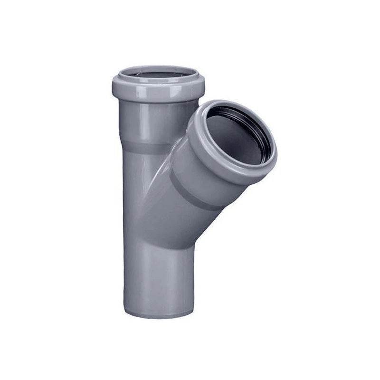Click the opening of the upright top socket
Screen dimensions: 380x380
tap(157, 75)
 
